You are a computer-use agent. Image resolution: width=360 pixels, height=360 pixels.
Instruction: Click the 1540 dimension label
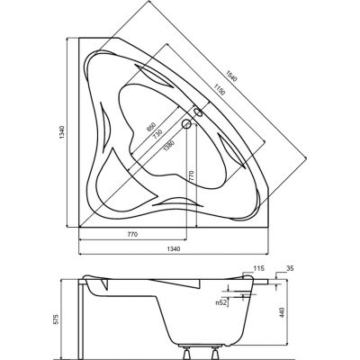[x=231, y=76]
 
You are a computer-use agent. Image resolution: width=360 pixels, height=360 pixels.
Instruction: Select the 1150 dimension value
[x=219, y=89]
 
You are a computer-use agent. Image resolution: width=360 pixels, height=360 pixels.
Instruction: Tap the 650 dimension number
[x=150, y=127]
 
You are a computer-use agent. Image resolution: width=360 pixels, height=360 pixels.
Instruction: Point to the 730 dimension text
[x=157, y=134]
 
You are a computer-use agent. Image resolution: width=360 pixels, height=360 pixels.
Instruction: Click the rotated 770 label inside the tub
[x=192, y=175]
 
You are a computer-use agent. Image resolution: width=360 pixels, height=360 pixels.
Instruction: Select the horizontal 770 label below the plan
[x=132, y=234]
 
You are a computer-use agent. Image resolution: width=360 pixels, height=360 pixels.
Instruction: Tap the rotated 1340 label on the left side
[x=62, y=132]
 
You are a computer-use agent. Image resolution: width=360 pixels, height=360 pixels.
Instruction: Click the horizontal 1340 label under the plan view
[x=173, y=248]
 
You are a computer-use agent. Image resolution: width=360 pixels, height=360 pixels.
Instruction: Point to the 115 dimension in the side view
[x=258, y=268]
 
